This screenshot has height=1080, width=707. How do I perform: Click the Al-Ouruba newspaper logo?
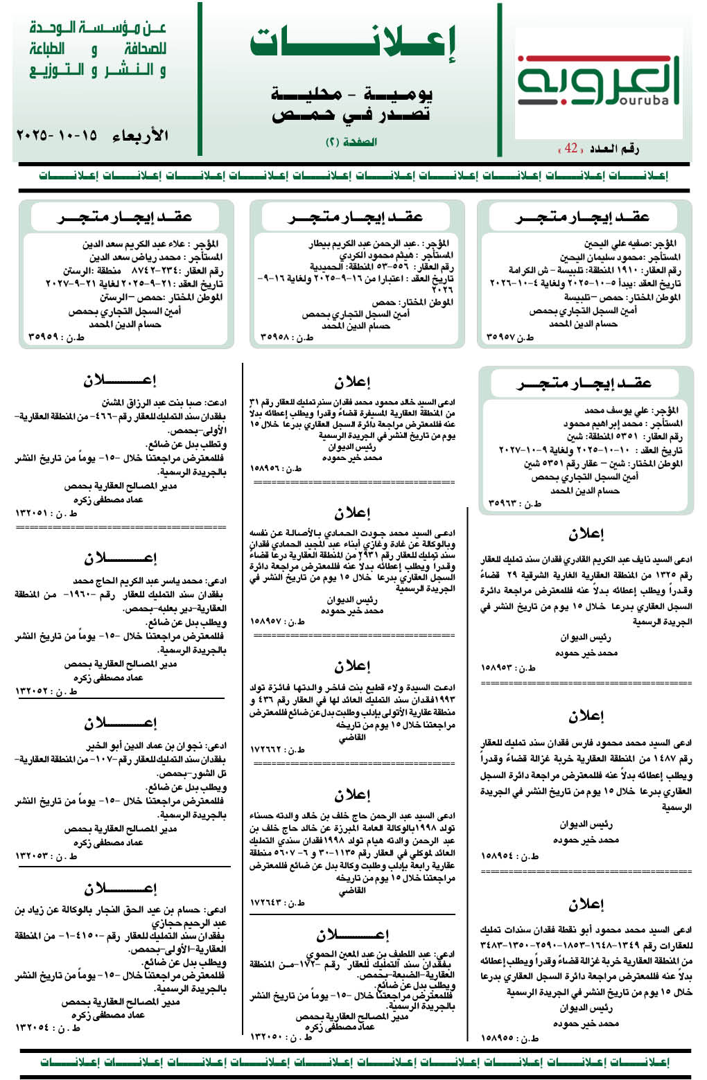click(597, 81)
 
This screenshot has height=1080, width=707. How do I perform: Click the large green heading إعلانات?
click(352, 43)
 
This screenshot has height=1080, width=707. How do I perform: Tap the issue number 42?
click(571, 148)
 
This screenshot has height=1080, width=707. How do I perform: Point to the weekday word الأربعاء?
click(140, 135)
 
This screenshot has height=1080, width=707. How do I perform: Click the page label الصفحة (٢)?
click(351, 142)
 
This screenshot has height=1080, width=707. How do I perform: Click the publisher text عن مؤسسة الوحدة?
click(98, 28)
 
